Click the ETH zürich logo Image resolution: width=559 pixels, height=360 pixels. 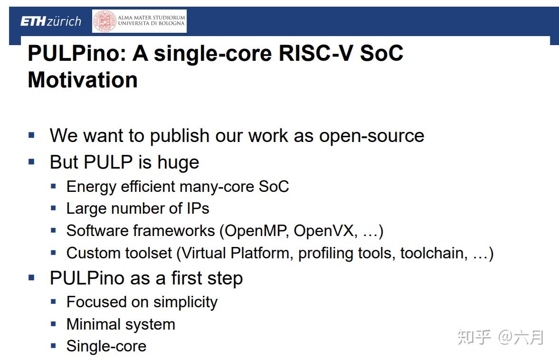pos(50,21)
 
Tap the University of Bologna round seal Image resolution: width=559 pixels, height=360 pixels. pos(104,21)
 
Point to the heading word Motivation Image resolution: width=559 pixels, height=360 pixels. pos(83,80)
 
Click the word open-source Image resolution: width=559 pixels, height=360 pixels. pos(371,136)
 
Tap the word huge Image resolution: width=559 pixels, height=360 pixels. pos(178,163)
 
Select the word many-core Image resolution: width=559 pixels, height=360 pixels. pos(204,187)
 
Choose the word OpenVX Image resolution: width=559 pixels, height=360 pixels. pos(324,231)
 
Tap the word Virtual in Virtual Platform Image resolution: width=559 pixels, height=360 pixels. pos(204,253)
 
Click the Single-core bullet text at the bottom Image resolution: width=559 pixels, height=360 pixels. pos(106,346)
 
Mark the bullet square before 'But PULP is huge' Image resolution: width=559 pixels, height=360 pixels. pos(32,162)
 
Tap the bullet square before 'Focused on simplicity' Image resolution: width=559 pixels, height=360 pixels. pos(53,301)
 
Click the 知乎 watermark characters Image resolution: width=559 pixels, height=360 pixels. pos(474,337)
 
